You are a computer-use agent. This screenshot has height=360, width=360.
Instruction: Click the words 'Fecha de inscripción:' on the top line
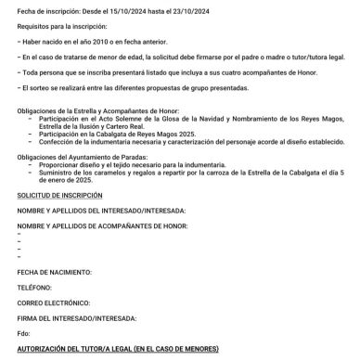48,9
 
